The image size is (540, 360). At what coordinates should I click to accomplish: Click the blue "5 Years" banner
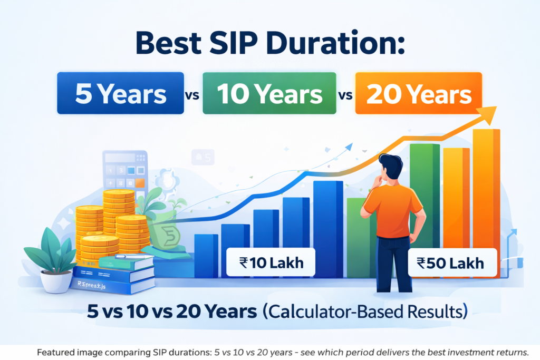[120, 94]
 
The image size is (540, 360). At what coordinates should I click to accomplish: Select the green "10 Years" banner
[269, 94]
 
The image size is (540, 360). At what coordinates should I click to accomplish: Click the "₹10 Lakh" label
[271, 262]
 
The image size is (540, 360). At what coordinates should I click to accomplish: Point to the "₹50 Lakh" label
[453, 262]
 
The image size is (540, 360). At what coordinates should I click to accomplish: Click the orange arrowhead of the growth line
[490, 112]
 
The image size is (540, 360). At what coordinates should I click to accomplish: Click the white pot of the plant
[56, 280]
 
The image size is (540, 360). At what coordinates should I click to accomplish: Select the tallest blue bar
[328, 227]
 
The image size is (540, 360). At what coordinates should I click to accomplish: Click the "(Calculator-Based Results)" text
[364, 310]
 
